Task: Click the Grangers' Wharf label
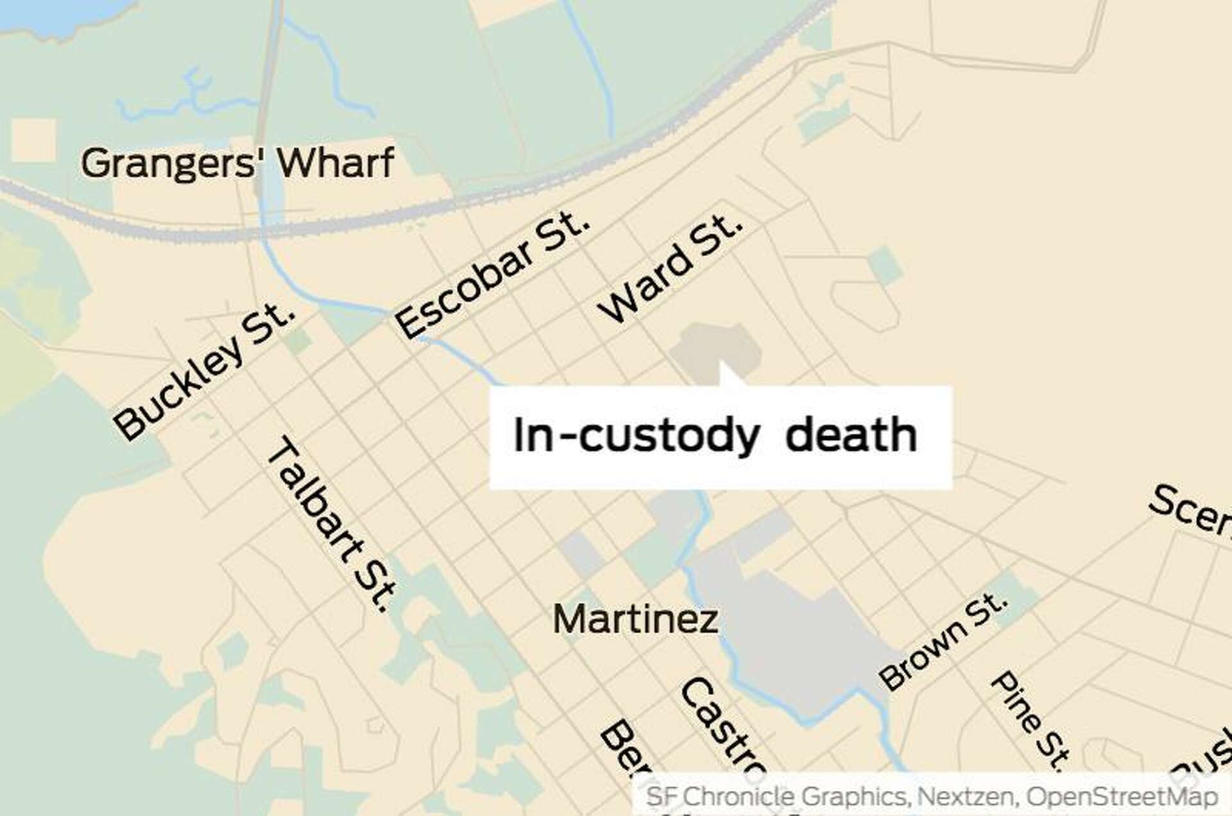tap(237, 164)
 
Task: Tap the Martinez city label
tap(635, 620)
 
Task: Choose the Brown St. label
tap(943, 642)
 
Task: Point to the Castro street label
tap(722, 728)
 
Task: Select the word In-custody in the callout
tap(636, 436)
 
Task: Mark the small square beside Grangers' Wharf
tap(33, 139)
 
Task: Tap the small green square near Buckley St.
tap(298, 341)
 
